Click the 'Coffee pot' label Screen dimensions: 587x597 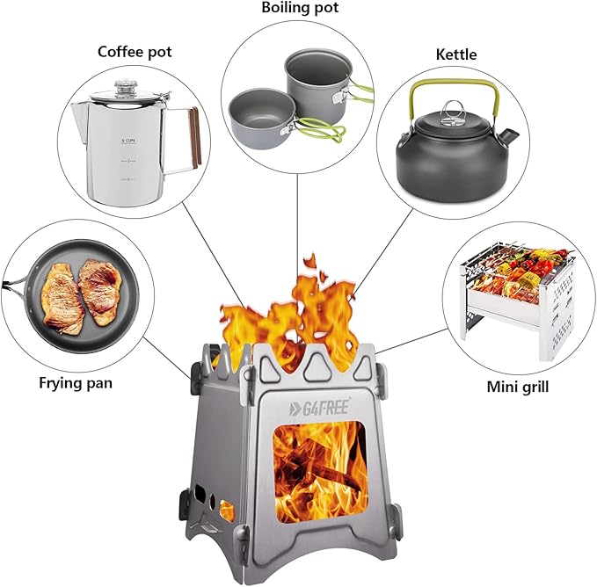(x=135, y=51)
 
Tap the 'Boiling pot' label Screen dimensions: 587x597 (x=298, y=8)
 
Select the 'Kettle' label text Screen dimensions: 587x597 (x=455, y=54)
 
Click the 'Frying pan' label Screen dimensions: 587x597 (x=75, y=383)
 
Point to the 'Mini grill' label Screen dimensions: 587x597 (x=518, y=387)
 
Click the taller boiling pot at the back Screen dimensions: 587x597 (x=317, y=88)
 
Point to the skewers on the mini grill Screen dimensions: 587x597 (x=519, y=264)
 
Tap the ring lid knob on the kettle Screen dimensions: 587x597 (x=453, y=110)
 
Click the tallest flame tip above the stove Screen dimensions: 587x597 (x=309, y=261)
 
